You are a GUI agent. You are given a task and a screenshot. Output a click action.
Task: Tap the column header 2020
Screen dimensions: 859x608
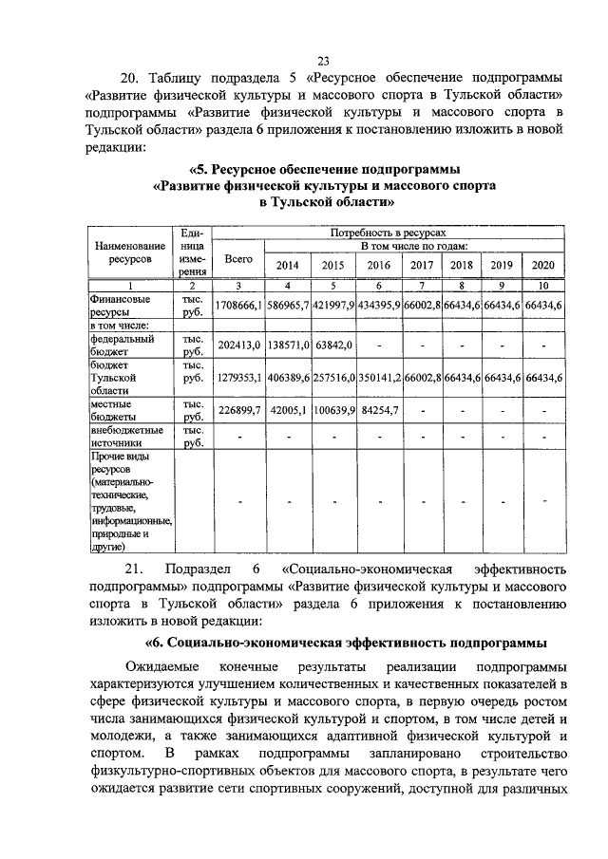click(543, 265)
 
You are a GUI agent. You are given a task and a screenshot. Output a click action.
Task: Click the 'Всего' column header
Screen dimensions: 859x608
click(237, 257)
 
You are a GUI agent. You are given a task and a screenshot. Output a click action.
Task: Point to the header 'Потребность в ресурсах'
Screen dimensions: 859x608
click(388, 232)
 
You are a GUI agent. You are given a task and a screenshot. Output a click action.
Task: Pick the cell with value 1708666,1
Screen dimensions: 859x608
click(237, 303)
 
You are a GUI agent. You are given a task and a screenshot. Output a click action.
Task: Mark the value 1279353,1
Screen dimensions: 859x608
click(237, 377)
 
